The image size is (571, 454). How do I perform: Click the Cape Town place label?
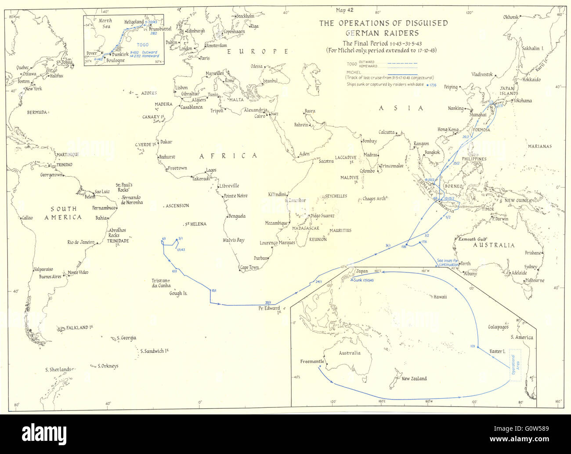[x=249, y=268]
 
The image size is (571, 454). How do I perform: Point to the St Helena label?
[x=195, y=224]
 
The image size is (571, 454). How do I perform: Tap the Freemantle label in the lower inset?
[x=312, y=362]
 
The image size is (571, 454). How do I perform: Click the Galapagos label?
[x=498, y=327]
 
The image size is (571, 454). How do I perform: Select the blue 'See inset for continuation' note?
[x=447, y=262]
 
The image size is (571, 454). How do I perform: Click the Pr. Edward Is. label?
[x=269, y=309]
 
